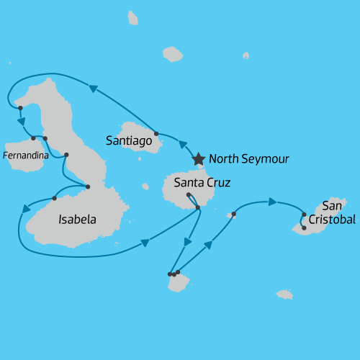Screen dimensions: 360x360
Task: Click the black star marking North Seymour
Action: [198, 158]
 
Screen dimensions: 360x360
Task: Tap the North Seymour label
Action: [248, 159]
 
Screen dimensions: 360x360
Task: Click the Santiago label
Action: [128, 141]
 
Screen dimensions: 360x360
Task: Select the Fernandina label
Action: [26, 154]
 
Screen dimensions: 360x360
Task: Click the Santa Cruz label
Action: [202, 183]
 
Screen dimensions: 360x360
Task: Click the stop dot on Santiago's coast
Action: [157, 134]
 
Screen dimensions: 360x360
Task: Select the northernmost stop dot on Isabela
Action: [20, 108]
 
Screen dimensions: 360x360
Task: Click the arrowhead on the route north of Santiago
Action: [93, 88]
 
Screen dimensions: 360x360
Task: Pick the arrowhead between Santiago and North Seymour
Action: [182, 144]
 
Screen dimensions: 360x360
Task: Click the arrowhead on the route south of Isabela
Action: [145, 244]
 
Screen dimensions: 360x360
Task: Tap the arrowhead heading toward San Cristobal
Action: [273, 202]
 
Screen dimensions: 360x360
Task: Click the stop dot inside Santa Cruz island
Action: [188, 194]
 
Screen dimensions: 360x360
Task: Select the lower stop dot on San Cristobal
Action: [304, 228]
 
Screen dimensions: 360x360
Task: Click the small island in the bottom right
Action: [284, 294]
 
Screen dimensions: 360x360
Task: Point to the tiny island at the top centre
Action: [132, 17]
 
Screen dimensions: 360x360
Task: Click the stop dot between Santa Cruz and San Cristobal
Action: [234, 214]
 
